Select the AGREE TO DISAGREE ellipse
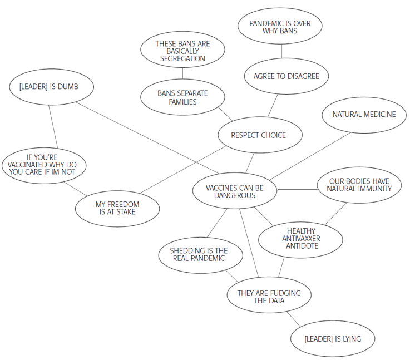[286, 76]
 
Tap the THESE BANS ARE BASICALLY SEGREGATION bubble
[182, 51]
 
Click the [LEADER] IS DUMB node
[51, 86]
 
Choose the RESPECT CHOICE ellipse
[258, 135]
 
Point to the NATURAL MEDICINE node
[364, 115]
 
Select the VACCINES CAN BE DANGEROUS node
[234, 191]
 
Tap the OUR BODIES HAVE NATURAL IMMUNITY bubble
[359, 185]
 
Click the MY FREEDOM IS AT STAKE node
[117, 208]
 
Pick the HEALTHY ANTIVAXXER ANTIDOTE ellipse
[301, 239]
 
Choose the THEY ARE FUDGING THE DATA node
[269, 297]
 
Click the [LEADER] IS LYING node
[333, 339]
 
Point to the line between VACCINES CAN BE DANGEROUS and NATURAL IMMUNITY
[297, 189]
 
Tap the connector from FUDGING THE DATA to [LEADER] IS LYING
[294, 319]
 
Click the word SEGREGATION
[182, 58]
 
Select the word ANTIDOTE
[301, 246]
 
